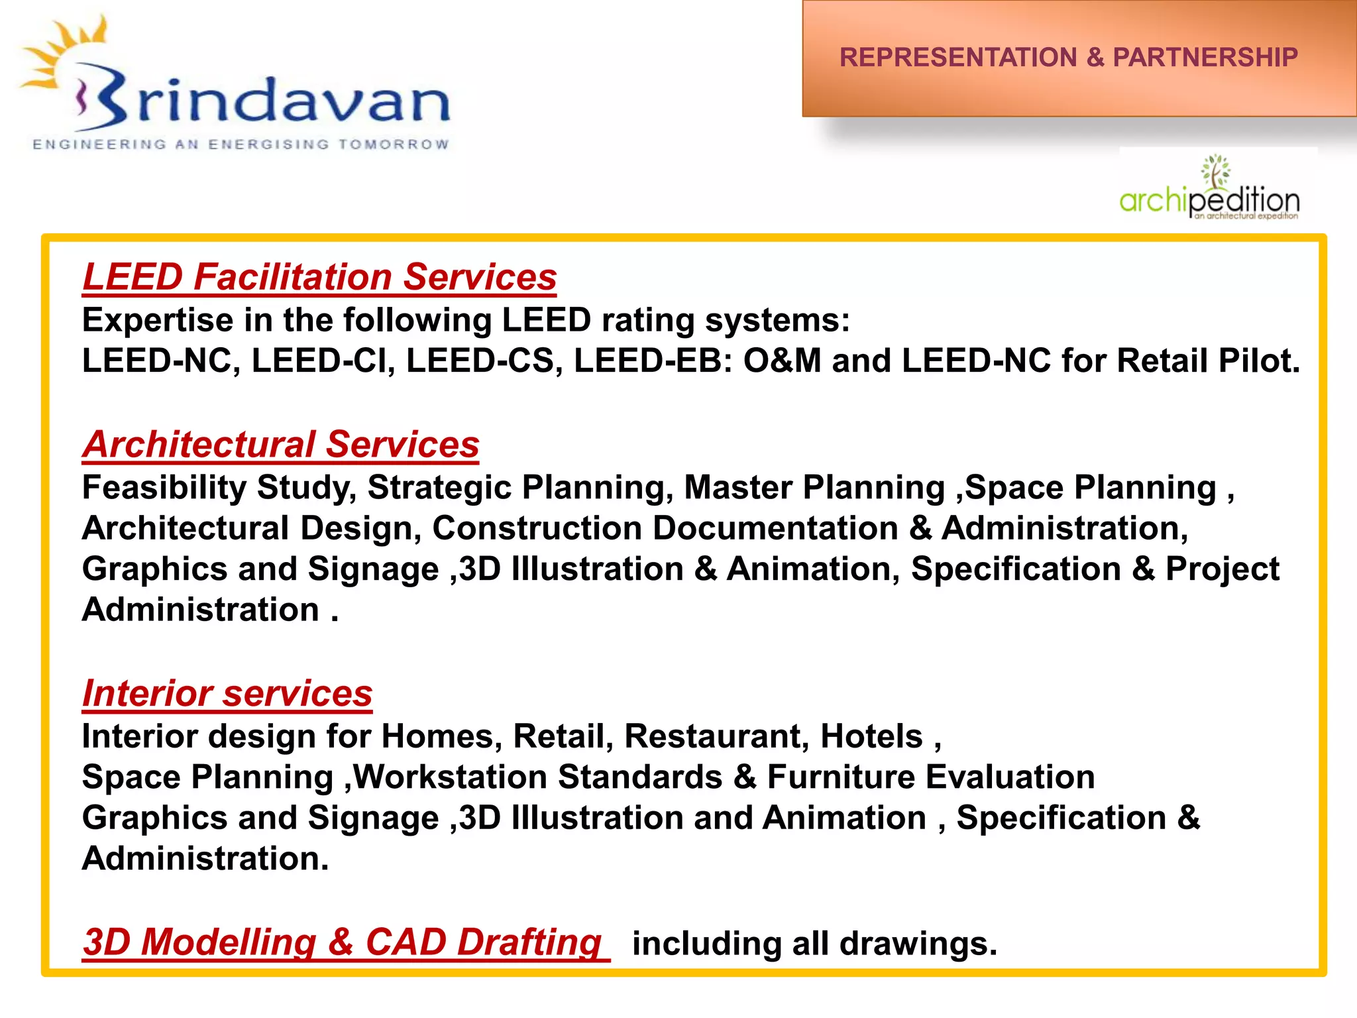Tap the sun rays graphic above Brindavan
(63, 53)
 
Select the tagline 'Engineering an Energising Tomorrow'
(241, 144)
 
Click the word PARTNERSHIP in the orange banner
(1205, 58)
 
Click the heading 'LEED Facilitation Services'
(319, 277)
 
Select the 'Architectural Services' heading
(281, 444)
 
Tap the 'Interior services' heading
(227, 694)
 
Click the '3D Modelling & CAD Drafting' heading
(343, 942)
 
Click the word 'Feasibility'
(164, 488)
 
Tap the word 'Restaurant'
(716, 736)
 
